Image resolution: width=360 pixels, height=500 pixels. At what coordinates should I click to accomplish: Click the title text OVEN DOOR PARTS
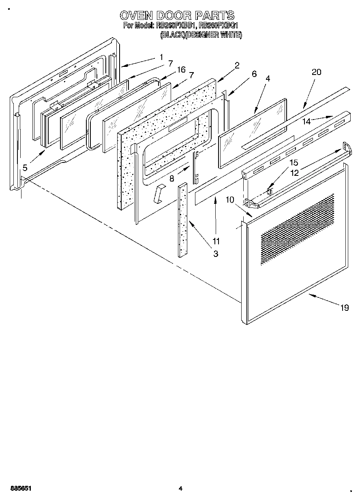pyautogui.click(x=177, y=15)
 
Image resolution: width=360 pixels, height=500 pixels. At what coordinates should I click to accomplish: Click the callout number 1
pyautogui.click(x=161, y=57)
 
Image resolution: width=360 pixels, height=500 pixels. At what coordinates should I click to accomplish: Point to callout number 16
pyautogui.click(x=182, y=71)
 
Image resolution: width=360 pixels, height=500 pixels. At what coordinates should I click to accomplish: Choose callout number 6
pyautogui.click(x=254, y=74)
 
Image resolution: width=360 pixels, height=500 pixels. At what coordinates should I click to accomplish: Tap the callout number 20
pyautogui.click(x=316, y=72)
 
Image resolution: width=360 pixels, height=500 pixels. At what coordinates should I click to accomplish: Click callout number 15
pyautogui.click(x=294, y=163)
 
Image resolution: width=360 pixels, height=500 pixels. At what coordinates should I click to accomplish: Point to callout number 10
pyautogui.click(x=230, y=199)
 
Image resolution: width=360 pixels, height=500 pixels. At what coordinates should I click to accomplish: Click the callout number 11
pyautogui.click(x=216, y=241)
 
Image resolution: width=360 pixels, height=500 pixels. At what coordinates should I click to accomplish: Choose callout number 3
pyautogui.click(x=216, y=254)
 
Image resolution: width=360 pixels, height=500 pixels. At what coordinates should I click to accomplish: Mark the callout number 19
pyautogui.click(x=344, y=308)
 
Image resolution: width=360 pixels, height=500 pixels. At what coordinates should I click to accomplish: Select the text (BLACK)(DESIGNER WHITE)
pyautogui.click(x=201, y=35)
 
